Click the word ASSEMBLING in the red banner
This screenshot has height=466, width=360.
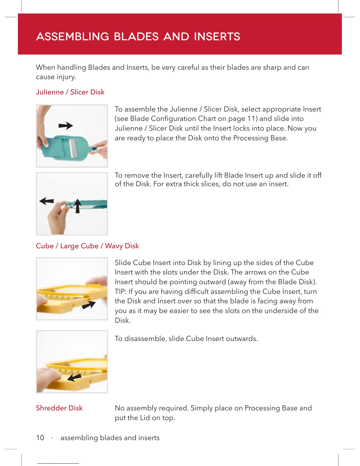73,36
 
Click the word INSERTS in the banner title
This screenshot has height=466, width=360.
217,36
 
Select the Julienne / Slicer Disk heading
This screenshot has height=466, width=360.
70,92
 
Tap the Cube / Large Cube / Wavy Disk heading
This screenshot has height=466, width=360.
87,246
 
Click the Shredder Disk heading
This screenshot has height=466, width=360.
59,408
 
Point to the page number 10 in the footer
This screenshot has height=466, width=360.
40,438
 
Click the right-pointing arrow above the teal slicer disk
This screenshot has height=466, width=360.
66,126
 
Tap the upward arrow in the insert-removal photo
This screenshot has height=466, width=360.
77,205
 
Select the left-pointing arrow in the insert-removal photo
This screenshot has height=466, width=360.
46,201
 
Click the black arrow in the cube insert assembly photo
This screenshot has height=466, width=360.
89,305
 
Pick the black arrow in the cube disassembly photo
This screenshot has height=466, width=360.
74,377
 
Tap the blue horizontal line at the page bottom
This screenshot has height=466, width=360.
58,464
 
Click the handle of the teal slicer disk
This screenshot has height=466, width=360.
94,148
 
